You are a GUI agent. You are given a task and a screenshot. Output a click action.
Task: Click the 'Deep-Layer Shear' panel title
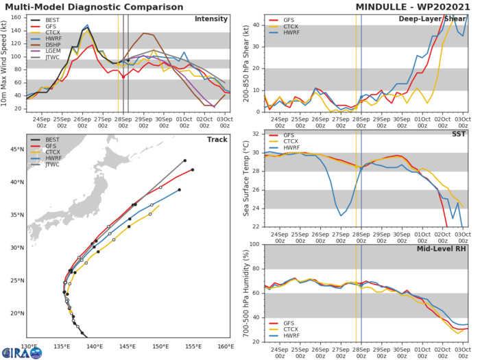[431, 19]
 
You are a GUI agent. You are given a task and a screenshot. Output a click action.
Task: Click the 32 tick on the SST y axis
[255, 133]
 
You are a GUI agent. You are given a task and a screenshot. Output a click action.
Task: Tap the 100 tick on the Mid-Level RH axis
[253, 244]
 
